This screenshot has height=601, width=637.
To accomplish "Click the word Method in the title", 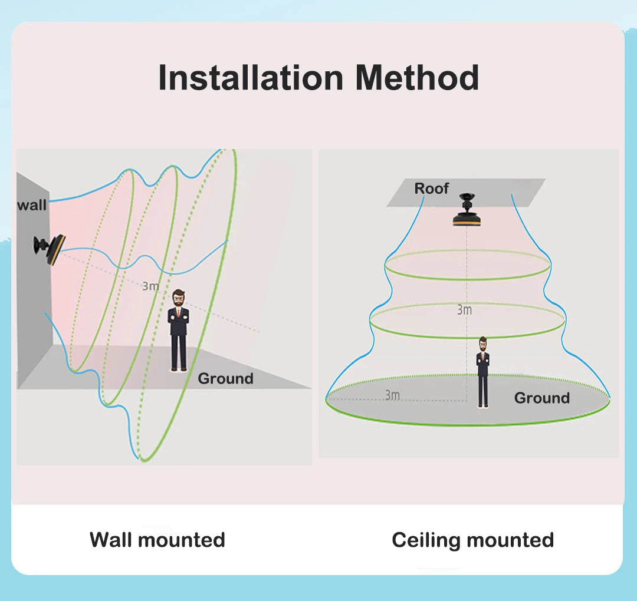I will pyautogui.click(x=418, y=78).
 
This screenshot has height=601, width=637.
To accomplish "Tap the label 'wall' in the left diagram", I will pyautogui.click(x=32, y=206).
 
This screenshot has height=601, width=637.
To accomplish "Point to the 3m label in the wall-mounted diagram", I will pyautogui.click(x=150, y=286).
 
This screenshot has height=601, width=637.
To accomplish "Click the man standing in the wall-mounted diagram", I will pyautogui.click(x=179, y=331).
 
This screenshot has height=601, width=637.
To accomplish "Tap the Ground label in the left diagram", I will pyautogui.click(x=225, y=378).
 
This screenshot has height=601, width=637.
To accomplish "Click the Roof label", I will pyautogui.click(x=431, y=189).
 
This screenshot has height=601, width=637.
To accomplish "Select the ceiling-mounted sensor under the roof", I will pyautogui.click(x=467, y=212).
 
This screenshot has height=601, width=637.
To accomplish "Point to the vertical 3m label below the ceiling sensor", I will pyautogui.click(x=464, y=310).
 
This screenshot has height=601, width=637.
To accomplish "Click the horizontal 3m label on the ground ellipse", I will pyautogui.click(x=392, y=395).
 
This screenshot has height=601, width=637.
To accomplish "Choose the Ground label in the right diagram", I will pyautogui.click(x=541, y=398).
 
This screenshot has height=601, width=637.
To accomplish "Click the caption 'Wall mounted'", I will pyautogui.click(x=157, y=540).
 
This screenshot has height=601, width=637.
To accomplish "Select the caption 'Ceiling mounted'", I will pyautogui.click(x=472, y=540).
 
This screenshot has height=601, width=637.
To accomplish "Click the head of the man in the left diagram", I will pyautogui.click(x=179, y=298).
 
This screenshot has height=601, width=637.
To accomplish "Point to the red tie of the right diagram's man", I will pyautogui.click(x=483, y=357).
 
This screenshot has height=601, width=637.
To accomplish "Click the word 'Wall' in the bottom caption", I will pyautogui.click(x=111, y=540).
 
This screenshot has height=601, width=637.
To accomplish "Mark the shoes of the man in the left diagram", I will pyautogui.click(x=179, y=369).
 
